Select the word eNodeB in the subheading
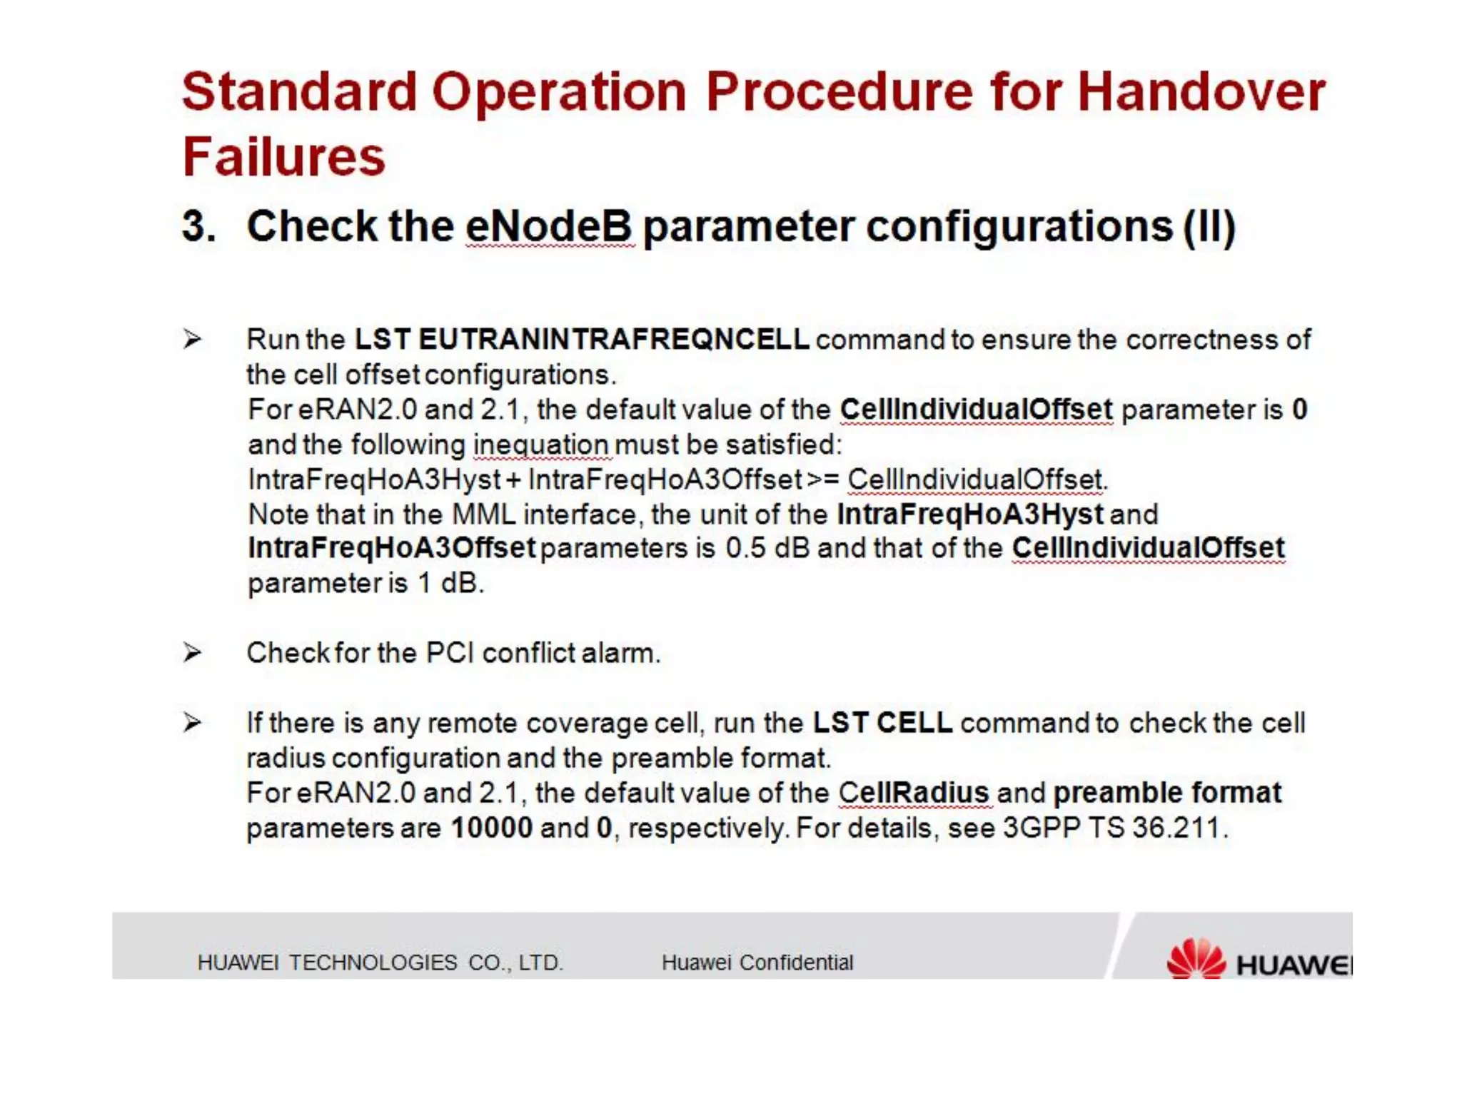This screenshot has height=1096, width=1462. (x=548, y=226)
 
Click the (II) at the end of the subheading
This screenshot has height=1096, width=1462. (x=1209, y=227)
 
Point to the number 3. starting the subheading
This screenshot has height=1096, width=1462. (x=198, y=227)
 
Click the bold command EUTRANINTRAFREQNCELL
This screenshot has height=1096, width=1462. (x=613, y=340)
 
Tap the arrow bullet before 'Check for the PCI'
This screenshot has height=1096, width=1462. (x=192, y=652)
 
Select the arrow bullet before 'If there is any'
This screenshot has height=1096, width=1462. (x=192, y=722)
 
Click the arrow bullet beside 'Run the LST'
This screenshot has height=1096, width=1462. (x=192, y=338)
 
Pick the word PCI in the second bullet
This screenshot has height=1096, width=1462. (x=450, y=653)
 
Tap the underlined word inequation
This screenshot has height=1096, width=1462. (x=540, y=445)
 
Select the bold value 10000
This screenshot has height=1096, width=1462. (x=492, y=828)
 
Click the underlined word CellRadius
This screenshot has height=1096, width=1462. (x=913, y=793)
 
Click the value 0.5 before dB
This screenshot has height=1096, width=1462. (x=745, y=549)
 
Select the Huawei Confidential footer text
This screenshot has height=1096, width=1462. (x=757, y=963)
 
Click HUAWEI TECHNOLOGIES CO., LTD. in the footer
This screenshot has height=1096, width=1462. (x=380, y=963)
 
